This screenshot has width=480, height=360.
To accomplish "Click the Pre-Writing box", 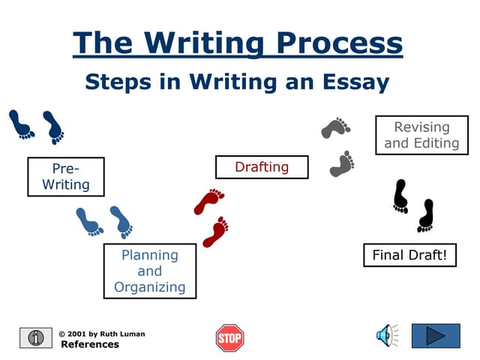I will [66, 176].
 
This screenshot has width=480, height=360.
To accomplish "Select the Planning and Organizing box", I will [150, 271].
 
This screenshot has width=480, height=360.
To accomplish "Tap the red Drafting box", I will [262, 166].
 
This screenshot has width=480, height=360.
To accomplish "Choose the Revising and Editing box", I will [421, 135].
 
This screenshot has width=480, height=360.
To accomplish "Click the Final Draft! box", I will [409, 255].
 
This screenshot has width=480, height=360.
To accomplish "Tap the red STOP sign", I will [230, 337].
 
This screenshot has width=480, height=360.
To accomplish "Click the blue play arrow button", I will [436, 335].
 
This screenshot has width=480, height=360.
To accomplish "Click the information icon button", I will [35, 337].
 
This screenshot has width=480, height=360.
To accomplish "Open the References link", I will [90, 345].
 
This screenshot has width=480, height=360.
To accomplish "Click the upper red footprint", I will [209, 201].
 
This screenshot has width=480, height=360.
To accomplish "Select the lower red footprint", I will [216, 231].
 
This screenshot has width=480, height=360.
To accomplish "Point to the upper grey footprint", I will [335, 128].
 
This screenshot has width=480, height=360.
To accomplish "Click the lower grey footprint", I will [343, 163].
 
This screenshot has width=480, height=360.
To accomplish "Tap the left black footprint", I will [401, 196].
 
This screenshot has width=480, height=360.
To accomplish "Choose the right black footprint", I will [426, 215].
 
